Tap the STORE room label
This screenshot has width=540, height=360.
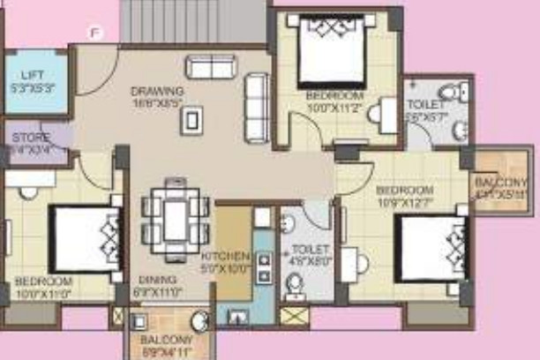(29, 139)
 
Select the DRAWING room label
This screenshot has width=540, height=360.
(157, 91)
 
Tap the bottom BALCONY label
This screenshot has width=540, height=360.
(166, 340)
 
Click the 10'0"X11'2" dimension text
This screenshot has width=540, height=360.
(334, 107)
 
